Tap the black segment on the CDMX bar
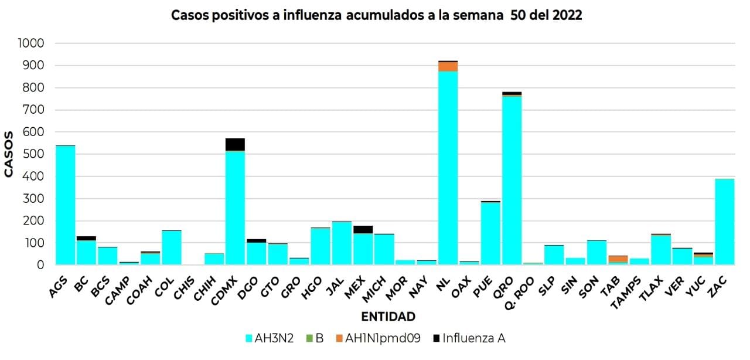(x=235, y=144)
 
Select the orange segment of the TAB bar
(x=618, y=259)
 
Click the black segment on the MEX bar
(x=363, y=229)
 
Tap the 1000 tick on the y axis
(x=30, y=44)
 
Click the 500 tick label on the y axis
(x=35, y=155)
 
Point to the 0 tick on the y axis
(x=40, y=265)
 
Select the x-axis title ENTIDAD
(x=388, y=317)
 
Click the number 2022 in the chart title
(x=566, y=16)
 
